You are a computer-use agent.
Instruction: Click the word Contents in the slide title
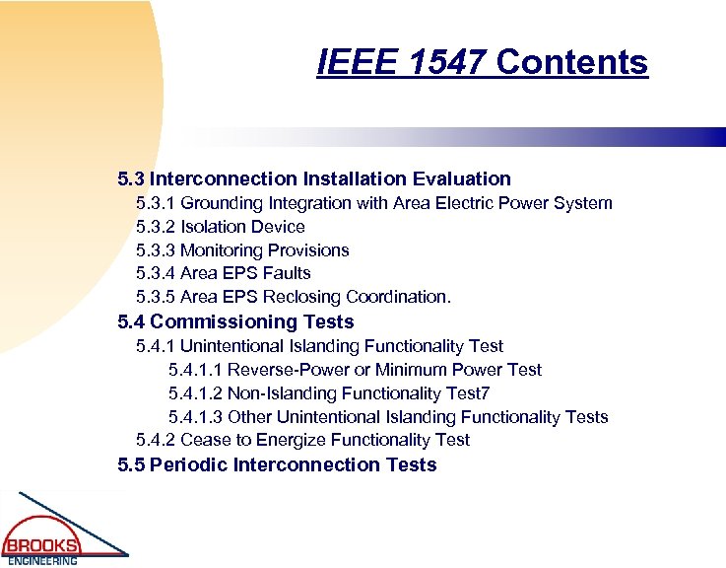(572, 62)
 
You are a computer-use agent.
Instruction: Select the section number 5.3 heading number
(131, 179)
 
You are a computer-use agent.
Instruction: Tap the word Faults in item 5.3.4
(288, 273)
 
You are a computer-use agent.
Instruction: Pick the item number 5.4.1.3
(195, 416)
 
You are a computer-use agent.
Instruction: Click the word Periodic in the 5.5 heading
(188, 464)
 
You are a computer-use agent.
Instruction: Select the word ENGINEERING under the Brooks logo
(42, 561)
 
